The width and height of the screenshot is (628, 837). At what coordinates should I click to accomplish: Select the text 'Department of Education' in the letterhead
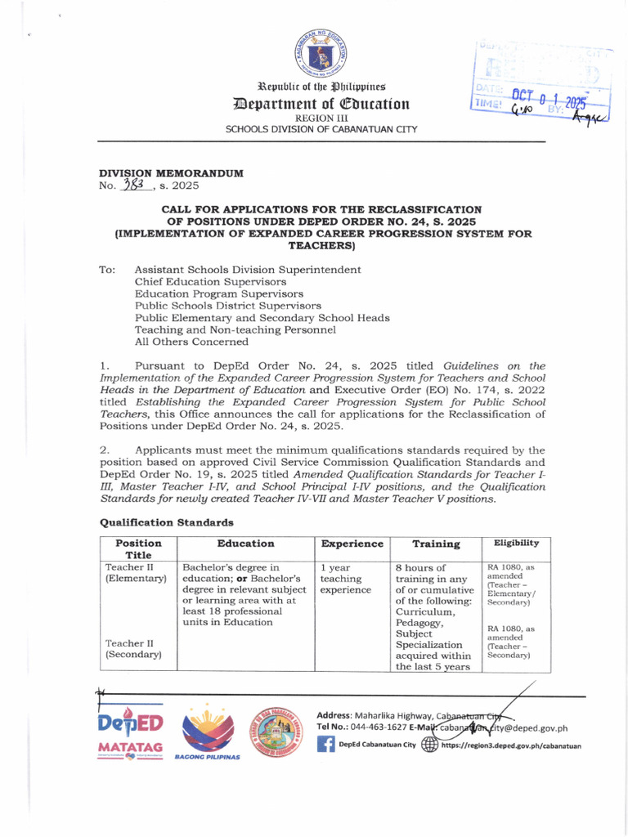pyautogui.click(x=321, y=105)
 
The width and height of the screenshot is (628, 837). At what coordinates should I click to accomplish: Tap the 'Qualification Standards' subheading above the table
pyautogui.click(x=166, y=522)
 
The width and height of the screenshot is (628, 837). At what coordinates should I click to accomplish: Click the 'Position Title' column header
pyautogui.click(x=138, y=549)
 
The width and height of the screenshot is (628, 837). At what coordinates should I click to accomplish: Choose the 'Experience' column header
pyautogui.click(x=352, y=544)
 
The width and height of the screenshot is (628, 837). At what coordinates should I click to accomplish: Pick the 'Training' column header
pyautogui.click(x=436, y=544)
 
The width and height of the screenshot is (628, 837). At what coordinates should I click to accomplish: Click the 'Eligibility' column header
pyautogui.click(x=514, y=543)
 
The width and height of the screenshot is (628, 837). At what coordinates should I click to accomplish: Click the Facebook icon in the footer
pyautogui.click(x=325, y=745)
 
